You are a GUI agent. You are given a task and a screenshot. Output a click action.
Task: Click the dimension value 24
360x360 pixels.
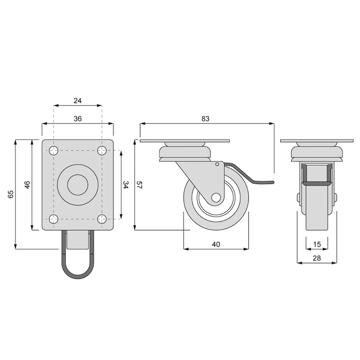pyautogui.click(x=78, y=100)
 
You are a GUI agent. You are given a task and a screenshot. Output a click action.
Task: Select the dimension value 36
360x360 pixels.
pyautogui.click(x=78, y=118)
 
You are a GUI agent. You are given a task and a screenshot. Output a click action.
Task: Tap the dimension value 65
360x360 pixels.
pyautogui.click(x=11, y=194)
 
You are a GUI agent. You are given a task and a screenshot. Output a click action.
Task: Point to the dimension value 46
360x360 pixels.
pyautogui.click(x=27, y=185)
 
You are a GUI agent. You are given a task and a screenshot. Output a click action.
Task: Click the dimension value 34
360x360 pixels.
pyautogui.click(x=125, y=185)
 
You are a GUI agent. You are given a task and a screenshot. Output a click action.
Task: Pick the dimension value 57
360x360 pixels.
pyautogui.click(x=139, y=185)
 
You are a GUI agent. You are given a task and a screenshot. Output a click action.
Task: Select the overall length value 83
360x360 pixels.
pyautogui.click(x=206, y=118)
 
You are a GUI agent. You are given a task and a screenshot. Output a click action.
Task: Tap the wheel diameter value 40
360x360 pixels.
pyautogui.click(x=216, y=244)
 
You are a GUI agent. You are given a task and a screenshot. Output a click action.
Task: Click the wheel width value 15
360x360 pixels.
pyautogui.click(x=317, y=244)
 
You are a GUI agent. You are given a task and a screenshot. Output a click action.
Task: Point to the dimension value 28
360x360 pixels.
pyautogui.click(x=317, y=258)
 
